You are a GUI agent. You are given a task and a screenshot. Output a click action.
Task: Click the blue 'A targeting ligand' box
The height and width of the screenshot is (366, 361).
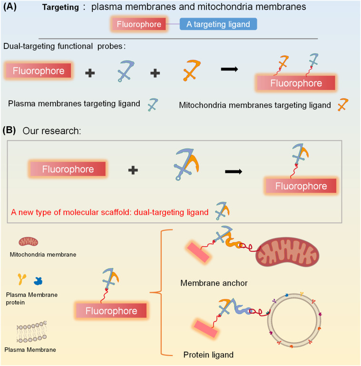[x=218, y=24]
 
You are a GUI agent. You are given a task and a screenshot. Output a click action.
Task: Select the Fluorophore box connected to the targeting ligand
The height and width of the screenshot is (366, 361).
[x=139, y=24]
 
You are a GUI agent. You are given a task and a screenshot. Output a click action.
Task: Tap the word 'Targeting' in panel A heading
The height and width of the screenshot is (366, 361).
[x=60, y=7]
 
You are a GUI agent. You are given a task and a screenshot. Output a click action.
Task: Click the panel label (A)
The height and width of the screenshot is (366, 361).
[x=10, y=7]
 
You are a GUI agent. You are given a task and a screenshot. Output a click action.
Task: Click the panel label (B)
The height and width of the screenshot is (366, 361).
[x=10, y=130]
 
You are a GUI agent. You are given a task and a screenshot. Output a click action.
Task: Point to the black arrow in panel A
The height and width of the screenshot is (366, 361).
[x=229, y=69]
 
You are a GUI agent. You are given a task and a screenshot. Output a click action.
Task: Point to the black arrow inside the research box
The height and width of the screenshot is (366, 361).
[x=234, y=171]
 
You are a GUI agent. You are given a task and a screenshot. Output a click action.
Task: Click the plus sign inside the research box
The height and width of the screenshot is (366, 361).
[x=133, y=170]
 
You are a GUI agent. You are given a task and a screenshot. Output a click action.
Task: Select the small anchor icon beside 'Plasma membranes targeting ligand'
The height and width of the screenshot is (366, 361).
[x=153, y=104]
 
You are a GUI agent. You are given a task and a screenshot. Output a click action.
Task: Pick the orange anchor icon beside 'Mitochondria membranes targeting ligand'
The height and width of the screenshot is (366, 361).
[x=343, y=104]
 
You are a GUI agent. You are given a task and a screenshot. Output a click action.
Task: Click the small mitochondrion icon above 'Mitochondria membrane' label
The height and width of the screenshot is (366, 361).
[x=28, y=242]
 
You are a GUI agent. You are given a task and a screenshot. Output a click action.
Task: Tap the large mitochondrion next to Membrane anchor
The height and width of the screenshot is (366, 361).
[x=288, y=252]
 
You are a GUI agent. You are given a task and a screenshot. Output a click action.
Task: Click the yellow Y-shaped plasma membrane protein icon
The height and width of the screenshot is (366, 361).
[x=22, y=279]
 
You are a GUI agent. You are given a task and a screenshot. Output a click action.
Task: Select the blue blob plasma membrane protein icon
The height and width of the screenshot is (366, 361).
[x=38, y=281]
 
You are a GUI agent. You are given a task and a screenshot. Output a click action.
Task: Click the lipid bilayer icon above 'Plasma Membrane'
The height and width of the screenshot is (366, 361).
[x=31, y=332]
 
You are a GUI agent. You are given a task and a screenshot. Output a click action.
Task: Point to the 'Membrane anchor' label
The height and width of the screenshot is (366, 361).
[x=214, y=283]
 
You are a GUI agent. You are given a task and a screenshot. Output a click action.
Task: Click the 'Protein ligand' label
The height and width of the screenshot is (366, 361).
[x=208, y=355]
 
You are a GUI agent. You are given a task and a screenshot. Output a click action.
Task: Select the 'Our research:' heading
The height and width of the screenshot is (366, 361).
[x=52, y=131]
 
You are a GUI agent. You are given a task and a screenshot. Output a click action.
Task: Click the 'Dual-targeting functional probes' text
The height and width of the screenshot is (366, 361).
[x=63, y=46]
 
